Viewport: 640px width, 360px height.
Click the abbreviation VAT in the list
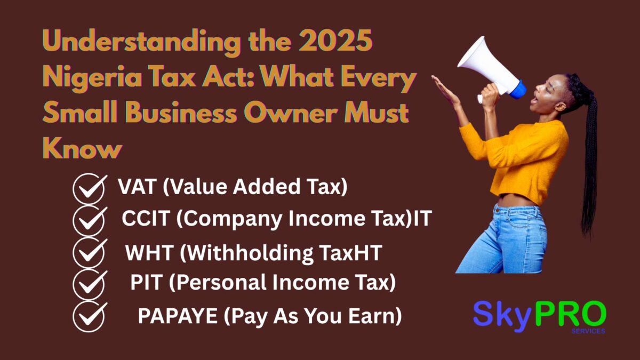click(x=137, y=187)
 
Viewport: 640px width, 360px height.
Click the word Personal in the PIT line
click(x=219, y=283)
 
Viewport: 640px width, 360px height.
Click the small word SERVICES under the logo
click(x=588, y=331)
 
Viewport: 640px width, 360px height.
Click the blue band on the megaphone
click(x=516, y=88)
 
